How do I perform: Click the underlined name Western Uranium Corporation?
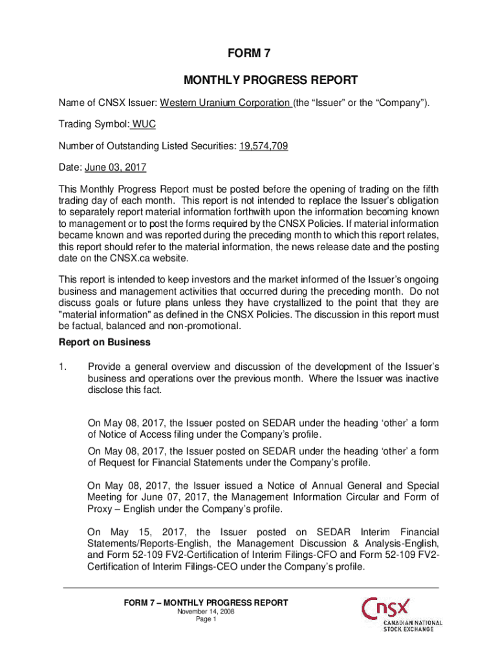click(224, 103)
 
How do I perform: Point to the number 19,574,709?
click(263, 146)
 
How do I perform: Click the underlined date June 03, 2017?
click(116, 167)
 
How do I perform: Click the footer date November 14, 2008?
click(206, 612)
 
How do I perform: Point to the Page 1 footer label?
click(206, 619)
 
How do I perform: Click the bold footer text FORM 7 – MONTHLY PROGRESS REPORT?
click(206, 603)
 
